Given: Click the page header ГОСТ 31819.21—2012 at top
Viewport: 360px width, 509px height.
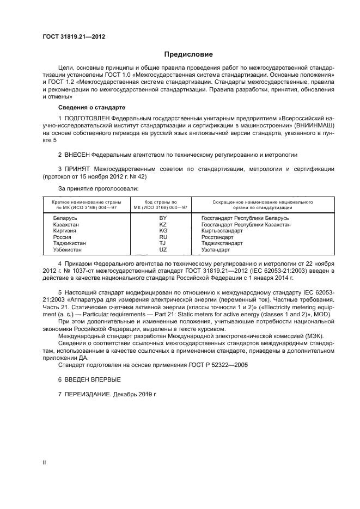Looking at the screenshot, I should coord(74,37).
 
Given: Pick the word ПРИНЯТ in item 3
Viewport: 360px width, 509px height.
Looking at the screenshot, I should coord(79,169).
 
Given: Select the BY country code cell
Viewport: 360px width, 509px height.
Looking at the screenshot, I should coord(162,218).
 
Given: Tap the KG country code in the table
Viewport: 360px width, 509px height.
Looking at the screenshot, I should coord(162,231).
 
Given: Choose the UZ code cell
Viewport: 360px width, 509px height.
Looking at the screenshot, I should coord(162,249).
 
